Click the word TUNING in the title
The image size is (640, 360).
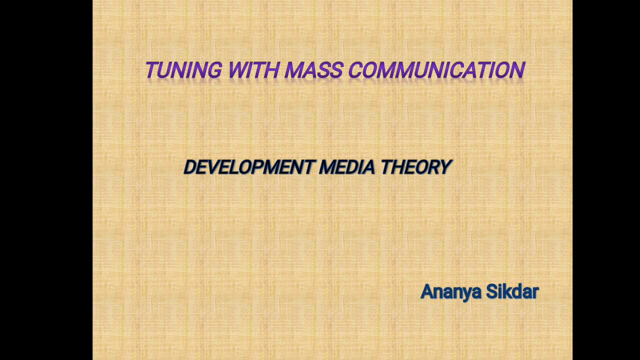183,70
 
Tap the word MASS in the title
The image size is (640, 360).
313,70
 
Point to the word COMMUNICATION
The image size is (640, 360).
436,70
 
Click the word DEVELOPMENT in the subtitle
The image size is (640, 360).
249,167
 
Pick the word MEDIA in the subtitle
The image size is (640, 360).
346,167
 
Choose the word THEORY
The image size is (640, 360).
415,167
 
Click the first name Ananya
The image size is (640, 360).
450,292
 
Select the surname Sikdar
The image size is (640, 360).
512,291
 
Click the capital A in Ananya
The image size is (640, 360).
427,291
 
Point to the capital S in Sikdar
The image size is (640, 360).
492,291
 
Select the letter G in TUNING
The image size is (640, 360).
213,70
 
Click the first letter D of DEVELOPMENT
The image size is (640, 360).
190,167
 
